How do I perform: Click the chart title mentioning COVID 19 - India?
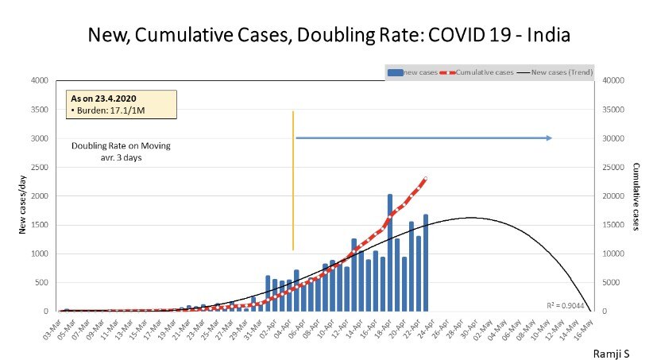point(329,36)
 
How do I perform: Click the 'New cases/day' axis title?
point(23,195)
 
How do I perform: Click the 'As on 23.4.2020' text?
point(100,98)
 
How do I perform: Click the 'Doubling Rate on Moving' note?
point(121,146)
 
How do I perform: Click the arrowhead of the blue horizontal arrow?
point(549,138)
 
